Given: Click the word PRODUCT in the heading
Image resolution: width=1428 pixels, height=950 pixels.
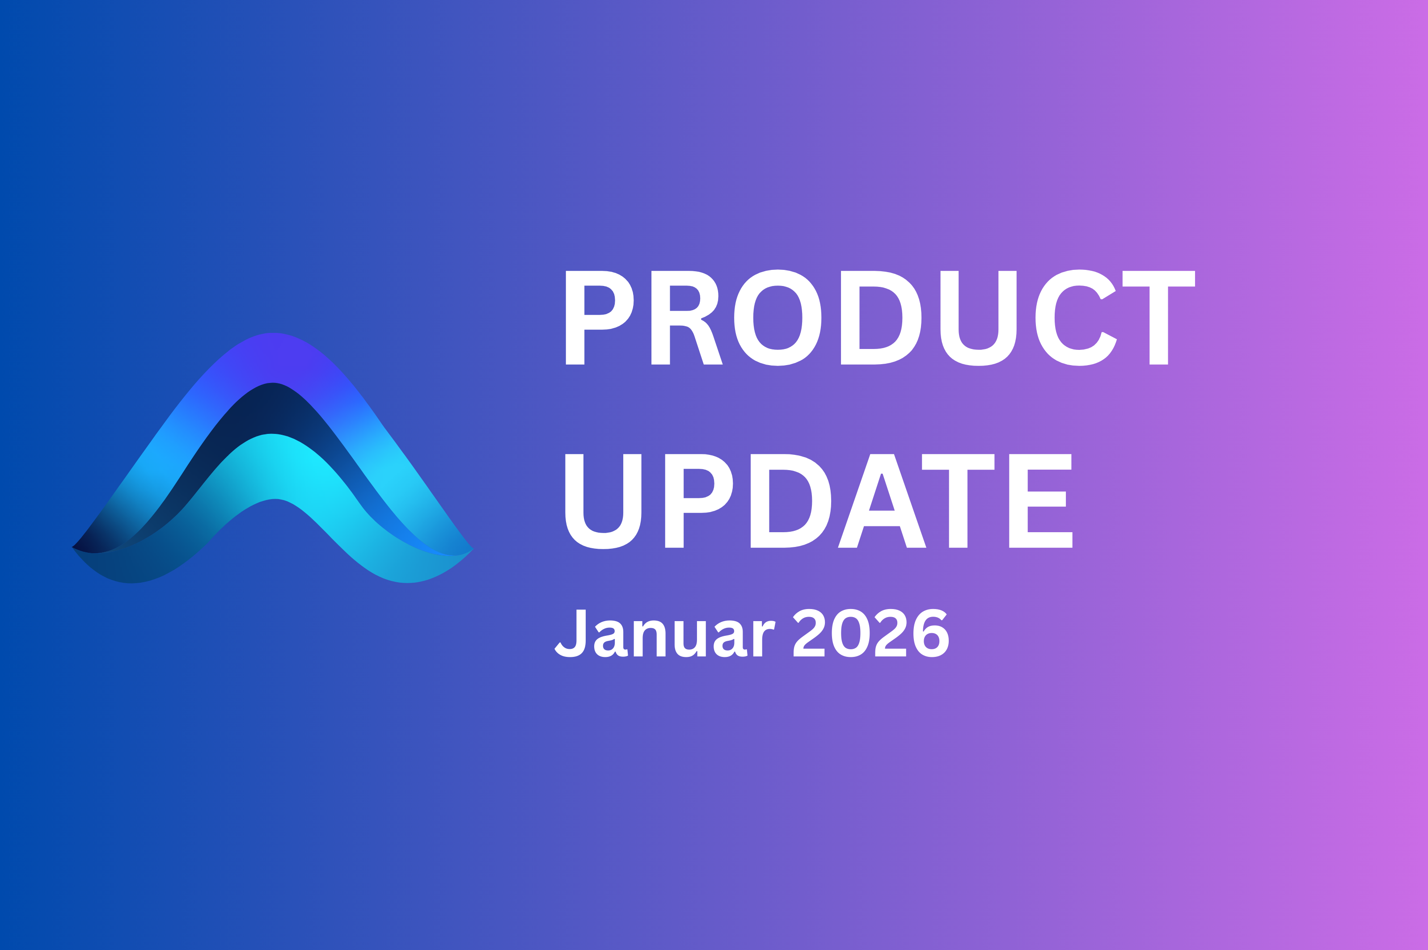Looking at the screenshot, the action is pyautogui.click(x=880, y=317).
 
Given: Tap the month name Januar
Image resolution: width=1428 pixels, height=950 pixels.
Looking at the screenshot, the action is pyautogui.click(x=665, y=633).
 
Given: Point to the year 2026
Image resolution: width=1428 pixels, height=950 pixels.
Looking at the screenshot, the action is pyautogui.click(x=871, y=633).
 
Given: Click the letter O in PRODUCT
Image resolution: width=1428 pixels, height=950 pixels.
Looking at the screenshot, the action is pyautogui.click(x=777, y=317).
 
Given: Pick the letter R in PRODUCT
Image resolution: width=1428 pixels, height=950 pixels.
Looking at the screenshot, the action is pyautogui.click(x=687, y=317).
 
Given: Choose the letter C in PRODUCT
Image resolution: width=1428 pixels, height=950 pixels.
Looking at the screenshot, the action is pyautogui.click(x=1076, y=317).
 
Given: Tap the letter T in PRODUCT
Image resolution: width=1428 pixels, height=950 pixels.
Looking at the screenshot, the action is pyautogui.click(x=1158, y=317).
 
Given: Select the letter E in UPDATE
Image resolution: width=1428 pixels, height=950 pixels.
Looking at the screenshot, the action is pyautogui.click(x=1041, y=501).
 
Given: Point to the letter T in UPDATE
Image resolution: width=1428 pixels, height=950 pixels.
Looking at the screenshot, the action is pyautogui.click(x=958, y=501).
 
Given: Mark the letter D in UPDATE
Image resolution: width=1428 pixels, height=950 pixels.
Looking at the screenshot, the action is pyautogui.click(x=791, y=501).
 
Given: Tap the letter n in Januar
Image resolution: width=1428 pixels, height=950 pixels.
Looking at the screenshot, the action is pyautogui.click(x=650, y=639).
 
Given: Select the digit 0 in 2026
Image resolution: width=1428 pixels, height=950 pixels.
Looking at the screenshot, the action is pyautogui.click(x=851, y=633).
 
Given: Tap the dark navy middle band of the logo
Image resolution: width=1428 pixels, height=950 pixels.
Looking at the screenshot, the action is pyautogui.click(x=273, y=409).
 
